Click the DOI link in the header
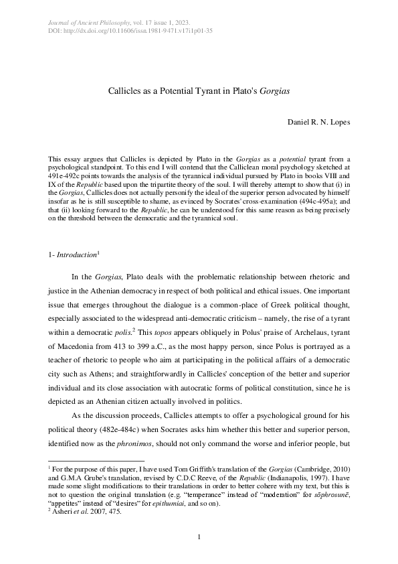(137, 31)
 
